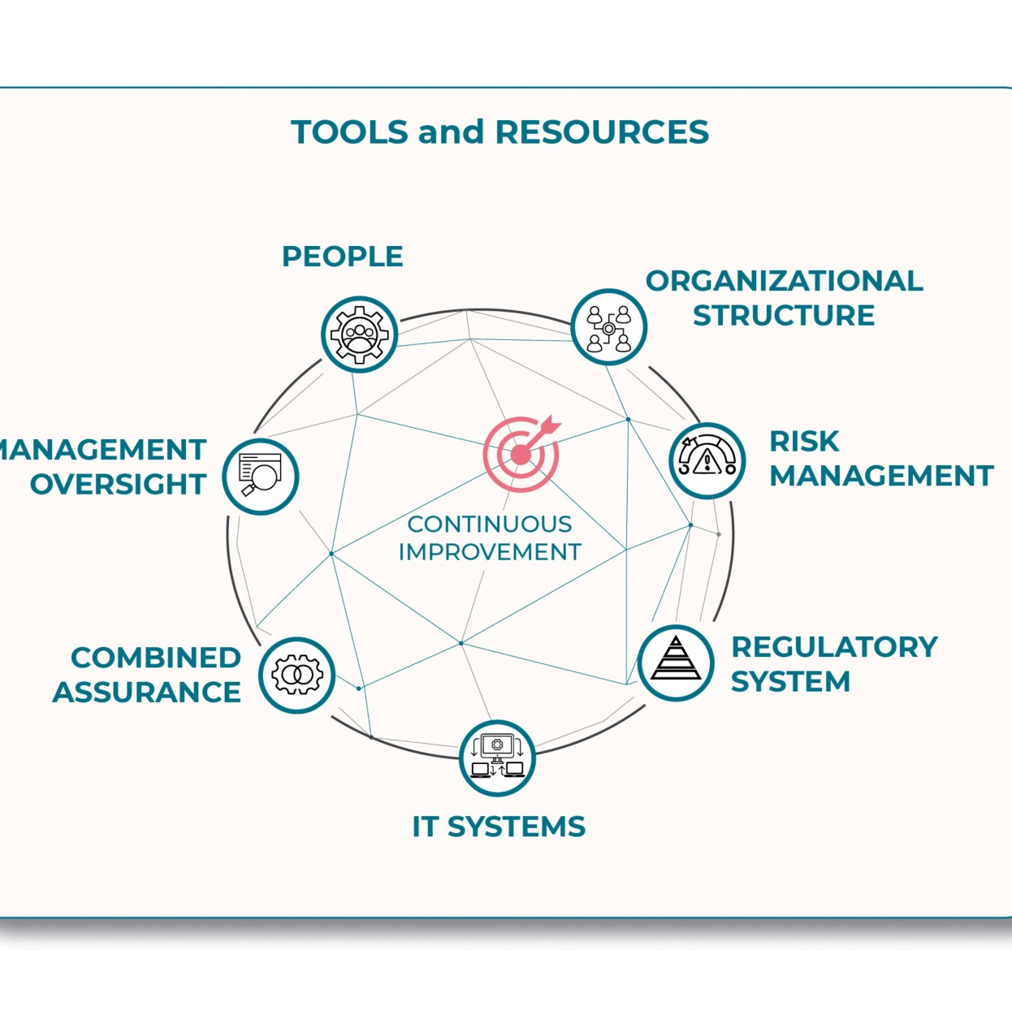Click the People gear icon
tap(359, 334)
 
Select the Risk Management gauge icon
tap(707, 460)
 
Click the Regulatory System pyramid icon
tap(676, 662)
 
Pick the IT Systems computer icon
tap(497, 758)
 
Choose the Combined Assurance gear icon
tap(297, 675)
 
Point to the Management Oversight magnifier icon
tap(260, 476)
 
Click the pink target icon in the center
tap(521, 453)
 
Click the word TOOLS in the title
tap(349, 132)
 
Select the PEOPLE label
tap(342, 257)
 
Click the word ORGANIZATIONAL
tap(784, 281)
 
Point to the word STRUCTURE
tap(784, 315)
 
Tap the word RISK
tap(804, 442)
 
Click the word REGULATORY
tap(834, 647)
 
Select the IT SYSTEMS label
tap(499, 827)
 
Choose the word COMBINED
tap(156, 657)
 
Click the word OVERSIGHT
tap(119, 484)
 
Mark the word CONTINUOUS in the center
tap(489, 524)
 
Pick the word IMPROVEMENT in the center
tap(489, 552)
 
